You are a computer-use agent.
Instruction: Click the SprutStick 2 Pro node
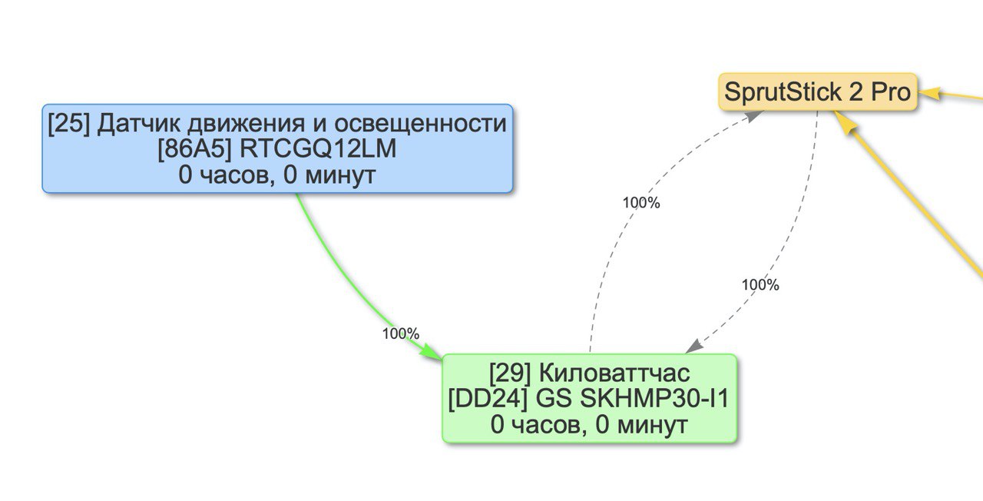[818, 93]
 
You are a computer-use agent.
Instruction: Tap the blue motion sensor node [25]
[276, 148]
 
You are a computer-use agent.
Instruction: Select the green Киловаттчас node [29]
[589, 398]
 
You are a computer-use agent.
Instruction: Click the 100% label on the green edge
[401, 333]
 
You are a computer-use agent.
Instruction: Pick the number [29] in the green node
[511, 373]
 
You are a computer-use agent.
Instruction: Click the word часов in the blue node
[230, 174]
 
